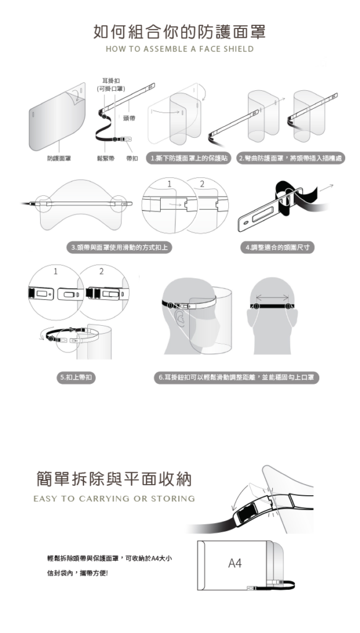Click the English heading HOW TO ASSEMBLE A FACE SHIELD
click(180, 49)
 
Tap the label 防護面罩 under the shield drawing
click(59, 158)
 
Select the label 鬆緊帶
click(105, 158)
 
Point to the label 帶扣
click(132, 158)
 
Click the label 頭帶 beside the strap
click(129, 118)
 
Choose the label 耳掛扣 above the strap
click(111, 81)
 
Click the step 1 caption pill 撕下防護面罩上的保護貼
click(188, 158)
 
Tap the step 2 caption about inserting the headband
click(291, 158)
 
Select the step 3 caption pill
click(119, 247)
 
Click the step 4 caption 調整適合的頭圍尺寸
click(277, 247)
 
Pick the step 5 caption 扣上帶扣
click(76, 378)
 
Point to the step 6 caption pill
click(236, 378)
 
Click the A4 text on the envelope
click(235, 563)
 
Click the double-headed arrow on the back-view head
click(272, 298)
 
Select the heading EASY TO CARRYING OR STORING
click(114, 499)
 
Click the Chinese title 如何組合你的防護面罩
click(179, 32)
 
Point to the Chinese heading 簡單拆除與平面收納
click(114, 479)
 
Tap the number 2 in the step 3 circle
click(202, 184)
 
